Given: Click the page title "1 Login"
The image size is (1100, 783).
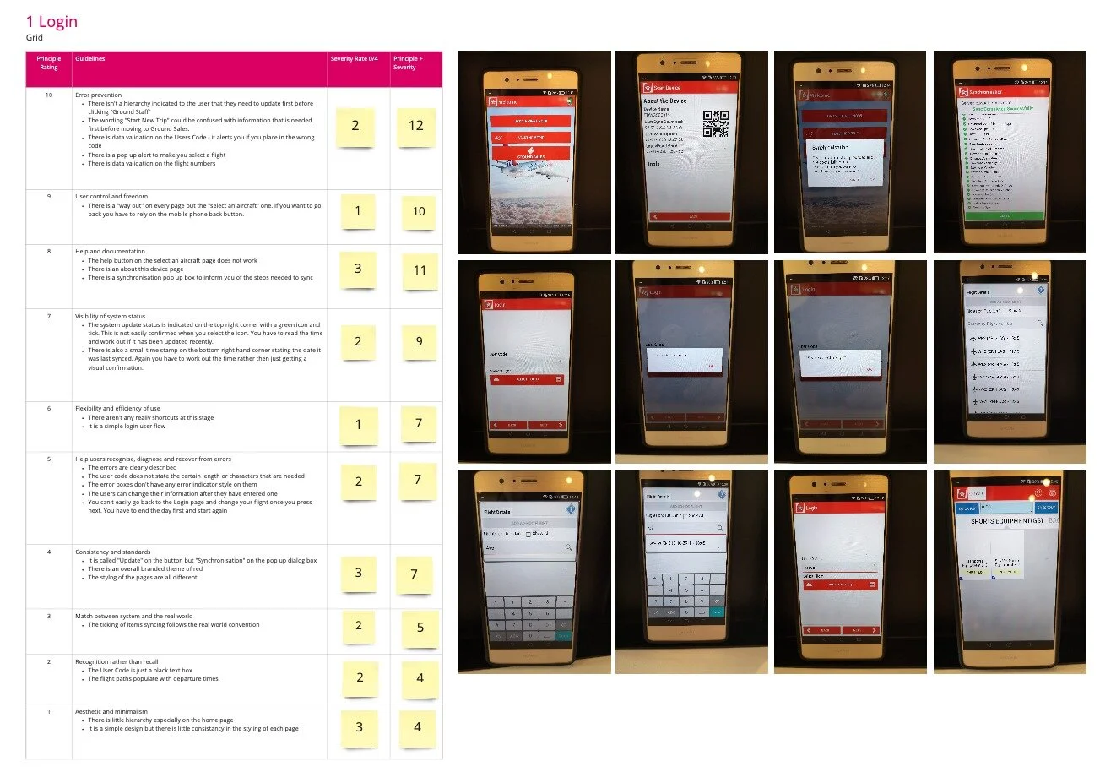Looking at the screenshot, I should click(x=51, y=22).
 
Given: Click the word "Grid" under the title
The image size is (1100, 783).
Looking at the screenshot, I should click(x=34, y=38).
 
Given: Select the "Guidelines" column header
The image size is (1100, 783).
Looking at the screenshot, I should click(x=90, y=59).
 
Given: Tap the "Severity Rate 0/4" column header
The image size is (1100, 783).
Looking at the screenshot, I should click(x=355, y=59).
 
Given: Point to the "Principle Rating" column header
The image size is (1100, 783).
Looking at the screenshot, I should click(x=49, y=63).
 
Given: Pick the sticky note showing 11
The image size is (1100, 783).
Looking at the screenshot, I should click(x=420, y=270).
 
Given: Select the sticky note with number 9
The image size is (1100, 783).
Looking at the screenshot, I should click(x=419, y=341).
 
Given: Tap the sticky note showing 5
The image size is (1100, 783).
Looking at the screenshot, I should click(x=420, y=628).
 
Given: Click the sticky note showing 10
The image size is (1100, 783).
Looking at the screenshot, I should click(x=418, y=212).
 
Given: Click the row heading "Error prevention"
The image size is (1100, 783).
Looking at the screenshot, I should click(x=98, y=95).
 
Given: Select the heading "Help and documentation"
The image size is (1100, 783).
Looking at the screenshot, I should click(x=110, y=252).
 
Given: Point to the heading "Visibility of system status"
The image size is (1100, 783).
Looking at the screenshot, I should click(x=110, y=317).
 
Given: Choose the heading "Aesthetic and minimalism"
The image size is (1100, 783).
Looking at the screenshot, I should click(x=111, y=712).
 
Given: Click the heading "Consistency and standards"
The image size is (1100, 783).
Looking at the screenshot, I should click(x=112, y=552).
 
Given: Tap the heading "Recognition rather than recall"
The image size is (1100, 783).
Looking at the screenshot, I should click(x=117, y=662).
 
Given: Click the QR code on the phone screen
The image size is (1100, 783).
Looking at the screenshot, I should click(x=715, y=123).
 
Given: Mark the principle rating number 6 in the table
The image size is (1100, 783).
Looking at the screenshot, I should click(x=49, y=409).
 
